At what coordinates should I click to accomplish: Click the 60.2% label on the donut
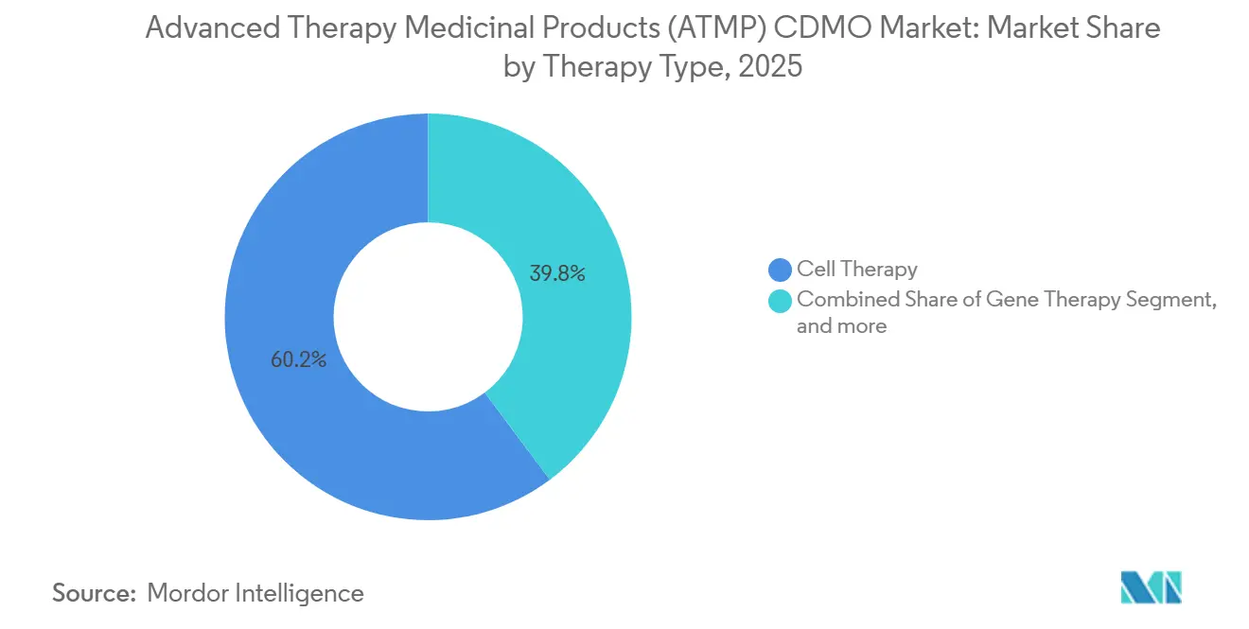coord(298,359)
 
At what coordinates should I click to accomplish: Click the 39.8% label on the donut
coord(557,274)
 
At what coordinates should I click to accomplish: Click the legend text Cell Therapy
coord(856,270)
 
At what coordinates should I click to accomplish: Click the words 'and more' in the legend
coord(841,326)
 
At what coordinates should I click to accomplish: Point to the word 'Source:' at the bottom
coord(94,593)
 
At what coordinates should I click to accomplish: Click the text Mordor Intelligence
coord(255,593)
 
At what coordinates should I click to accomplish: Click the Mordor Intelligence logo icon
coord(1151,587)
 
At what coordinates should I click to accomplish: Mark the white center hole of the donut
coord(428,317)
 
